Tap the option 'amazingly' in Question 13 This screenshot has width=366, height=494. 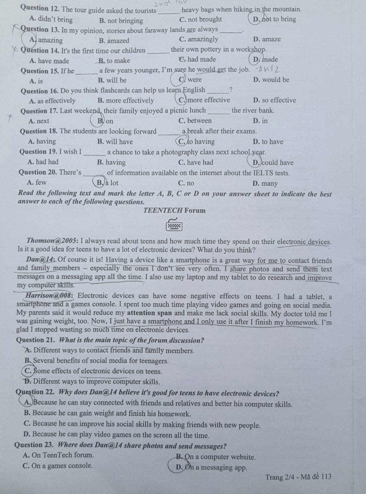click(198, 39)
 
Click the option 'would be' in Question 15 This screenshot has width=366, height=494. click(271, 80)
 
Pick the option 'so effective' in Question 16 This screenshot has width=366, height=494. click(274, 100)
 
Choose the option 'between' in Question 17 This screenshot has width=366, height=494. click(195, 121)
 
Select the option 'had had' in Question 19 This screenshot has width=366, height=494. click(43, 162)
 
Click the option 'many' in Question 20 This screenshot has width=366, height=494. click(265, 183)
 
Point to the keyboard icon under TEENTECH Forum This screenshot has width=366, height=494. click(174, 225)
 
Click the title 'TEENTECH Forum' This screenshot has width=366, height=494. click(174, 210)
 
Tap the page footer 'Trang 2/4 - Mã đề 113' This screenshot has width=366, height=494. click(298, 477)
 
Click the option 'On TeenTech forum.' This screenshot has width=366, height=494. click(58, 455)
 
